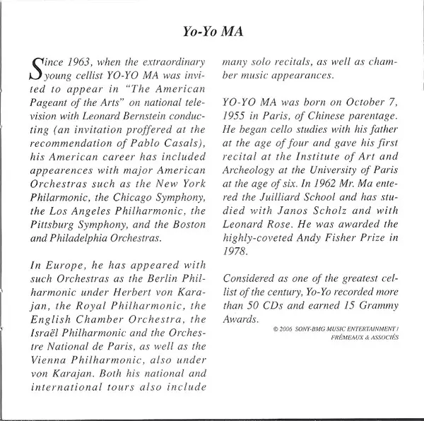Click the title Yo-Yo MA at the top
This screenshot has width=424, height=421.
click(x=212, y=31)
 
